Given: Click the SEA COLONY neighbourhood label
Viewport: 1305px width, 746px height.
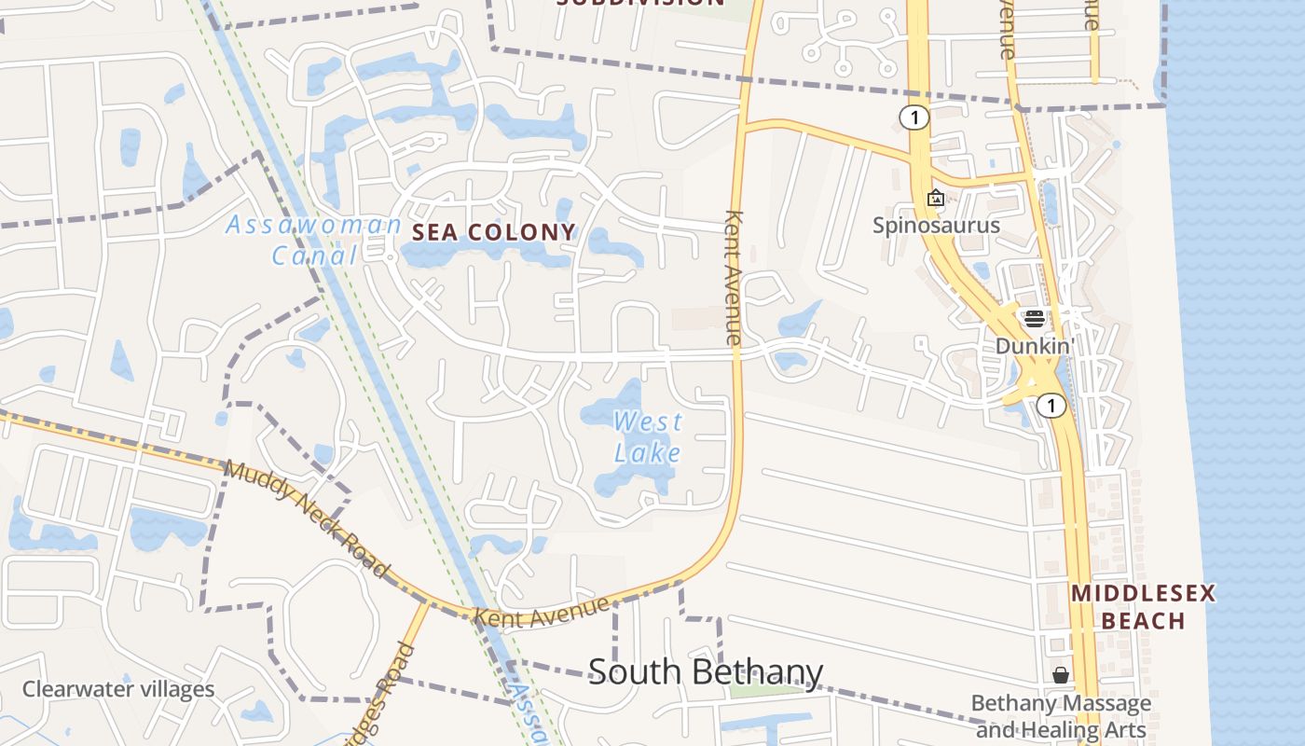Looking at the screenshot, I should tap(494, 232).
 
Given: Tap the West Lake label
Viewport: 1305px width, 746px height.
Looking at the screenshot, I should tap(648, 437).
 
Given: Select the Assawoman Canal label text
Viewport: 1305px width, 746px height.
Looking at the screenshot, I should tap(314, 240).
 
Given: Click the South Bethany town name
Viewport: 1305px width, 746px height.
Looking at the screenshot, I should tap(706, 672).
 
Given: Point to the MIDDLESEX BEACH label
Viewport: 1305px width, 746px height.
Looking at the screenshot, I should tap(1143, 607).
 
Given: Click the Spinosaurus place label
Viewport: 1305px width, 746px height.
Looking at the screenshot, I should tap(936, 225).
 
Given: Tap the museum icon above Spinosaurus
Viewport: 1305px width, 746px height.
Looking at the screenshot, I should tap(936, 198).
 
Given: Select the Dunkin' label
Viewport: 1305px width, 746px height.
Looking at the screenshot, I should tap(1035, 346).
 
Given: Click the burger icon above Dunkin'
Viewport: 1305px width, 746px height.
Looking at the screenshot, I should tap(1034, 319).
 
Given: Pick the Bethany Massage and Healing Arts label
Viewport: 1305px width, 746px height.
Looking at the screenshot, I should tap(1061, 716).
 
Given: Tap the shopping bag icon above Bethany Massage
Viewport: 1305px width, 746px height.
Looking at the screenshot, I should tap(1060, 675).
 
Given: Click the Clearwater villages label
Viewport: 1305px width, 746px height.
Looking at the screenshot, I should tap(118, 690).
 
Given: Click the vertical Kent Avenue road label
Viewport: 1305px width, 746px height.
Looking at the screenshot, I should tap(735, 277).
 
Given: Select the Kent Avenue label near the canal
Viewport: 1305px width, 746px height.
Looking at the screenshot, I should tap(542, 614).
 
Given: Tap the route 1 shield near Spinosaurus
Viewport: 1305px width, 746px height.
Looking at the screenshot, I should tap(915, 117).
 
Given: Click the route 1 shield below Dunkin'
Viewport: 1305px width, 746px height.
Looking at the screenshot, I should tap(1051, 406).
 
